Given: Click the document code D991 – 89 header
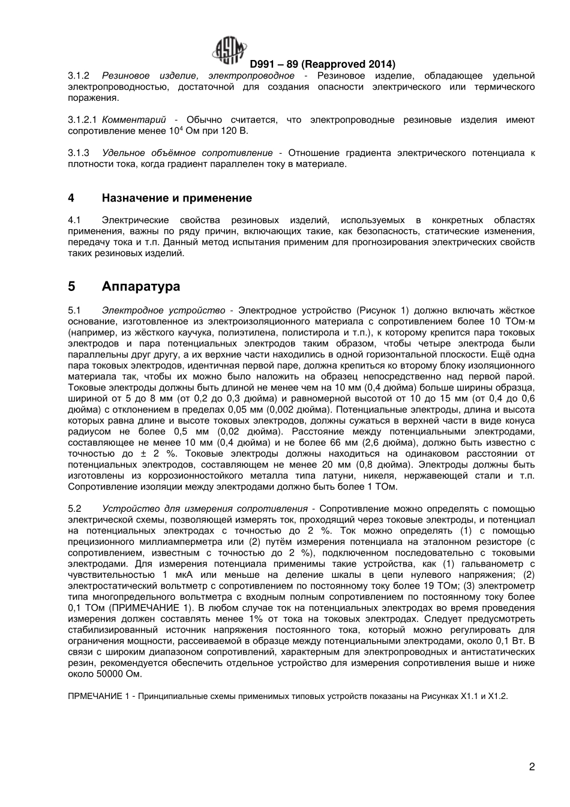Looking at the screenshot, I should [x=322, y=64].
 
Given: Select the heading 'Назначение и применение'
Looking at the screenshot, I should [x=176, y=198].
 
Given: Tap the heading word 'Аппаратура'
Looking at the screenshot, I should [x=141, y=286].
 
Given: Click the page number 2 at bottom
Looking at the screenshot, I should [x=532, y=766].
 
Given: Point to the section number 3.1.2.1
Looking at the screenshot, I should [x=82, y=120].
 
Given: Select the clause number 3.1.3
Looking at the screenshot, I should [x=79, y=153].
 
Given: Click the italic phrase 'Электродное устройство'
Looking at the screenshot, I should [x=163, y=310].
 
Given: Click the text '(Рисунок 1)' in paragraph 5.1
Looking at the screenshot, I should [x=382, y=310].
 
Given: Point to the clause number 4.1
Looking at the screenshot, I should [x=74, y=220].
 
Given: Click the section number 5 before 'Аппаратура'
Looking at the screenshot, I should [x=71, y=286].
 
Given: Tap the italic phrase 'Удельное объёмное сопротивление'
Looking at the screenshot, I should [x=187, y=153].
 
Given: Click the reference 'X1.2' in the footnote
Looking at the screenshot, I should [x=497, y=697].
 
